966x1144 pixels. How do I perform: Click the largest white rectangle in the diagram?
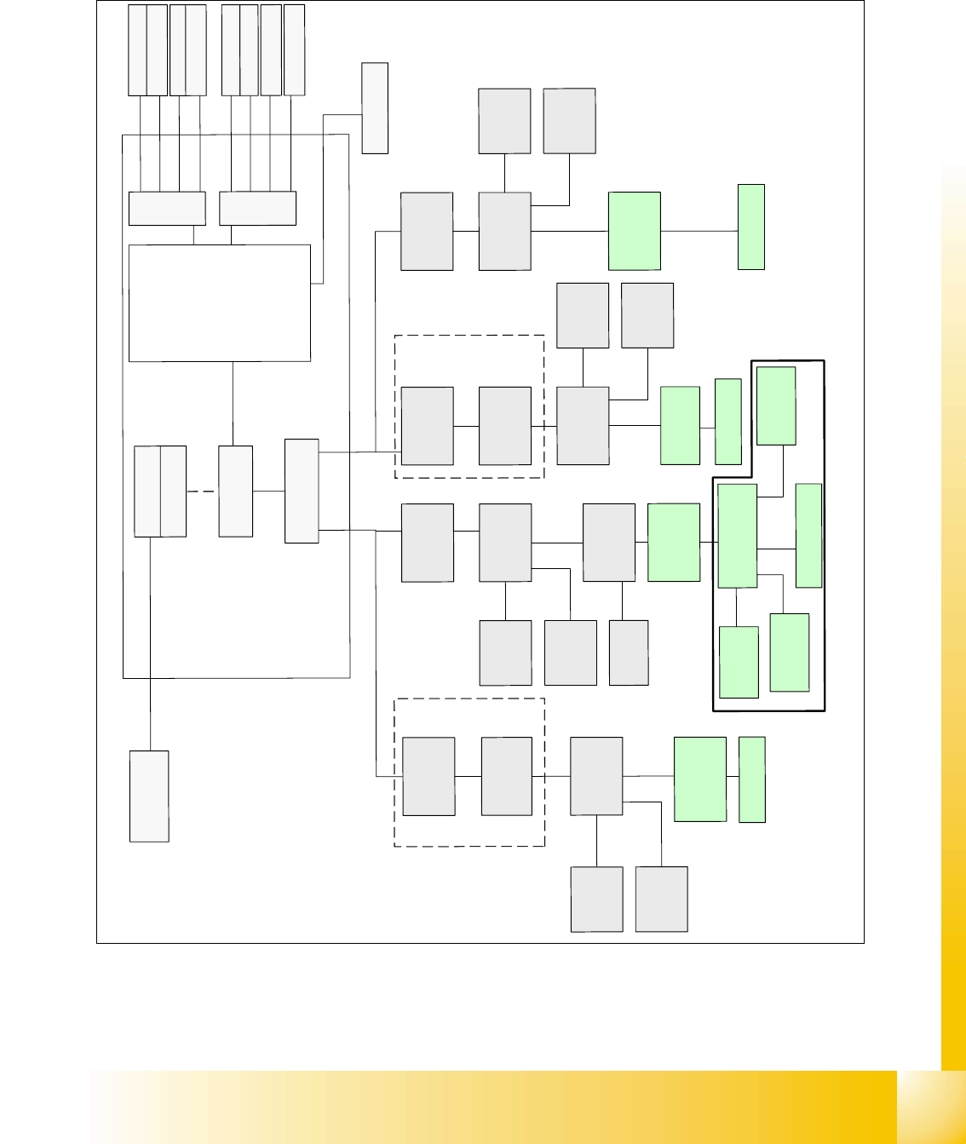[219, 302]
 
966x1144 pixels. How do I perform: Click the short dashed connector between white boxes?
[202, 492]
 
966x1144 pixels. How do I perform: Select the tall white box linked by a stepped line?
[375, 107]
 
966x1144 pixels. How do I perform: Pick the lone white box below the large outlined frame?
[149, 796]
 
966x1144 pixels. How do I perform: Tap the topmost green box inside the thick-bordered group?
[776, 405]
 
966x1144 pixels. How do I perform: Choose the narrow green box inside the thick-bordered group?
[808, 535]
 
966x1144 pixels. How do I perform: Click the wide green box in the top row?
[635, 231]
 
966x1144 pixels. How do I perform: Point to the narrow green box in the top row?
[750, 227]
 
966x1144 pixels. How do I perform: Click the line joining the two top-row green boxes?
[699, 231]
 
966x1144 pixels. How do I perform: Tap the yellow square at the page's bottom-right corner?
[931, 1107]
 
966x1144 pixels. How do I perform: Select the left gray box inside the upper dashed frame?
[427, 426]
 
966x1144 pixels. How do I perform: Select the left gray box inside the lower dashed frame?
[428, 776]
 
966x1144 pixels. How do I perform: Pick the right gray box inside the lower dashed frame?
[506, 776]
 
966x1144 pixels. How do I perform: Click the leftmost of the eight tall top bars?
[137, 49]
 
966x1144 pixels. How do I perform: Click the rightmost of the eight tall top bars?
[294, 49]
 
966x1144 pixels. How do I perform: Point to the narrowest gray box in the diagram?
[629, 652]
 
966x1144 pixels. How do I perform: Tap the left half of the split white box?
[147, 492]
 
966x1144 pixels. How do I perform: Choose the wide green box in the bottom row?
[700, 779]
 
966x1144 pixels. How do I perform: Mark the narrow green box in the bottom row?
[751, 779]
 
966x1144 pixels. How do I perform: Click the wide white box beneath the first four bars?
[167, 209]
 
